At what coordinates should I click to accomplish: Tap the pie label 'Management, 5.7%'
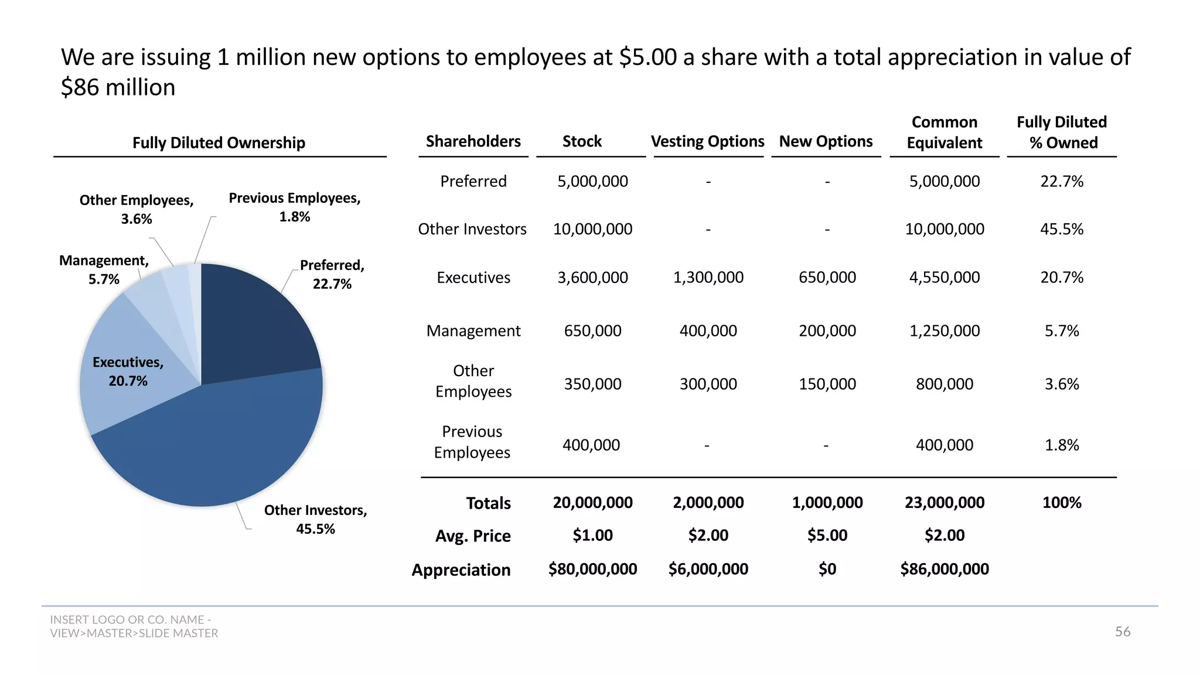pos(104,270)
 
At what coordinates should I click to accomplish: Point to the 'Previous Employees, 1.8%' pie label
pos(294,207)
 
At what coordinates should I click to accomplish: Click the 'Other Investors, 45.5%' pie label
pos(315,519)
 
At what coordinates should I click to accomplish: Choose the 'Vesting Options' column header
pos(707,141)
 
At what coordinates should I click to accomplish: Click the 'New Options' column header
pos(826,141)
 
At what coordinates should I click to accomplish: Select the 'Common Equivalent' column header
pos(944,132)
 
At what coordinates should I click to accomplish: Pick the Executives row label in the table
pos(473,277)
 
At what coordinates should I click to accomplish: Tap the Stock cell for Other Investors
pos(592,229)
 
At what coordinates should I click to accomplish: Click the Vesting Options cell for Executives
pos(708,277)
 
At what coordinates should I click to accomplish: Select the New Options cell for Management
pos(827,331)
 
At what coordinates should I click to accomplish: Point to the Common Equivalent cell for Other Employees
pos(944,384)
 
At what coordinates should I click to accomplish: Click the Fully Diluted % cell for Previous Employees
pos(1061,445)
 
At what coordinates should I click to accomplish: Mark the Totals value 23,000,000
pos(944,503)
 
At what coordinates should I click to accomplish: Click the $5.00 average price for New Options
pos(827,536)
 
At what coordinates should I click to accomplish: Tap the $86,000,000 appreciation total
pos(944,569)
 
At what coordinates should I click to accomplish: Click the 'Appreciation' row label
pos(461,570)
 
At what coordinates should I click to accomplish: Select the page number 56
pos(1122,632)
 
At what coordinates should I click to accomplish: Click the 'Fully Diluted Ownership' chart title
pos(219,143)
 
